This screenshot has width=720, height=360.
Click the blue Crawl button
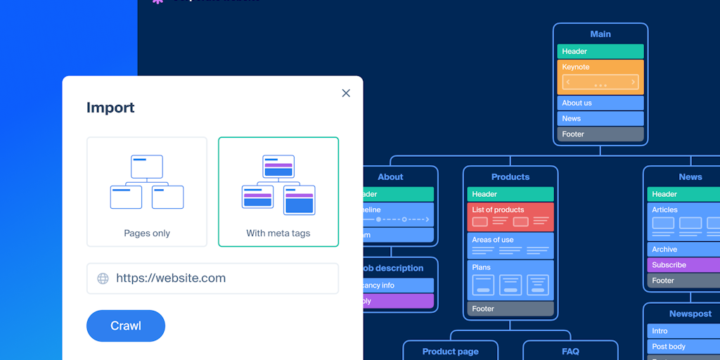(126, 326)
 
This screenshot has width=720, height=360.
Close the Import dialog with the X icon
(346, 93)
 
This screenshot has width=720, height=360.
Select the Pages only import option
(147, 191)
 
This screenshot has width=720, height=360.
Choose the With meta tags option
(278, 191)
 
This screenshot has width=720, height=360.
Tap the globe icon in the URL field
(103, 278)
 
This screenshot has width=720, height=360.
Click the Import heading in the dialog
(110, 108)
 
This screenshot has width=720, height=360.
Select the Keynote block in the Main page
(600, 77)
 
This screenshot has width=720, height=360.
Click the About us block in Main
(600, 103)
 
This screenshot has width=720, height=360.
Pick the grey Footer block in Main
(600, 134)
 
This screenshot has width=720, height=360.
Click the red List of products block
(510, 217)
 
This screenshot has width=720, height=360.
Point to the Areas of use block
(510, 245)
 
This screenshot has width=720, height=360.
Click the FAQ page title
(570, 352)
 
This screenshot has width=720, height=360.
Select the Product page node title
(450, 352)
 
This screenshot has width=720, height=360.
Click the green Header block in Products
(510, 194)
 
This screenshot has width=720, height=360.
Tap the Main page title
(600, 34)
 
